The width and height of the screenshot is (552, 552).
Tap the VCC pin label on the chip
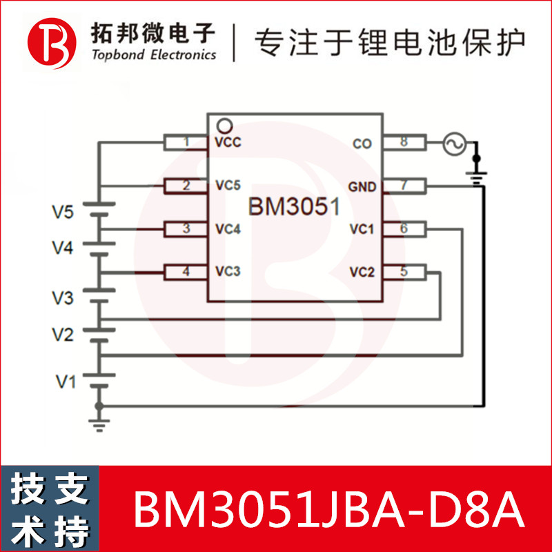click(x=228, y=143)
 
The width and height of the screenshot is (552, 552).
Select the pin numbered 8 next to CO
click(x=404, y=143)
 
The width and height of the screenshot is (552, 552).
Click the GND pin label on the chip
click(x=362, y=186)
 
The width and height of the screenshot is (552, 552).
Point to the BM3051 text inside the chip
click(x=295, y=207)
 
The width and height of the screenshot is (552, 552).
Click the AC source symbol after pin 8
click(x=454, y=144)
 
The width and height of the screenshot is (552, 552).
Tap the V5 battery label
click(x=63, y=212)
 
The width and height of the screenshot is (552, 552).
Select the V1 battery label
click(x=66, y=380)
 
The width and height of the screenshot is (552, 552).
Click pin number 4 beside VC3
click(x=186, y=272)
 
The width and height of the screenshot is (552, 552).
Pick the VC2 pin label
click(x=362, y=272)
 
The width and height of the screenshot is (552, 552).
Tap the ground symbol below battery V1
click(x=100, y=422)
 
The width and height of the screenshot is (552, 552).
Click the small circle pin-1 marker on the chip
click(x=222, y=126)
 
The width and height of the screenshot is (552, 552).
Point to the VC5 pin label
click(x=228, y=186)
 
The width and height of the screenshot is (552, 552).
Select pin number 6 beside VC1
click(x=404, y=228)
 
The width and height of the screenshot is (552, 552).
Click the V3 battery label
click(x=63, y=298)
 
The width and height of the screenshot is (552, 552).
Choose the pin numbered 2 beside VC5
click(x=186, y=186)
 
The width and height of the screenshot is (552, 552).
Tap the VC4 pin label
click(x=228, y=229)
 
